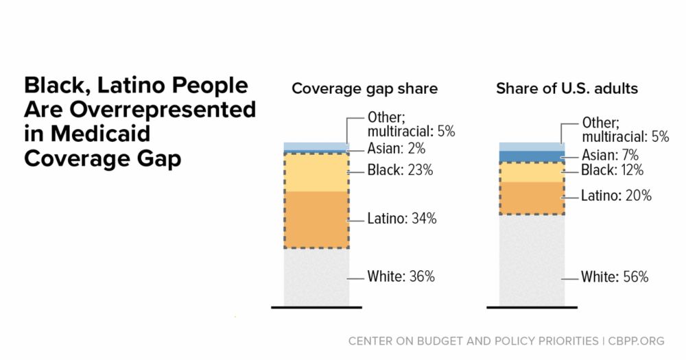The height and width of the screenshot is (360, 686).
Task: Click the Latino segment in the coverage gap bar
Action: tap(316, 219)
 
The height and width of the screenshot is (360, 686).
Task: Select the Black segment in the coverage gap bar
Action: tap(316, 172)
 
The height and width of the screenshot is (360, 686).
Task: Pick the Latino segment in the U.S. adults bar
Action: tap(532, 197)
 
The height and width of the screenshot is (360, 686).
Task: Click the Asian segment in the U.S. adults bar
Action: tap(532, 156)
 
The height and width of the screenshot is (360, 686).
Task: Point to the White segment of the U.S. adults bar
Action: tap(532, 261)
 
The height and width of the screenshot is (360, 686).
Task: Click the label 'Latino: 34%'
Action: tap(402, 219)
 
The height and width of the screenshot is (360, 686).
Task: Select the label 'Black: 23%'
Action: tap(401, 171)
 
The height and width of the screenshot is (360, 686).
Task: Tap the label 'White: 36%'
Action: tap(401, 277)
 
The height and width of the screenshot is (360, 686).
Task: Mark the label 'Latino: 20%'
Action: tap(616, 196)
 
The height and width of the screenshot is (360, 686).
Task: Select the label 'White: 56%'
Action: tap(615, 277)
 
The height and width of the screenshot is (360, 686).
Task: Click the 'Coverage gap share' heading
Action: tap(364, 89)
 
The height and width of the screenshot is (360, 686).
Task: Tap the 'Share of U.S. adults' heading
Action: tap(567, 89)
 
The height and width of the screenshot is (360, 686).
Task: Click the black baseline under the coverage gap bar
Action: tap(316, 307)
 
